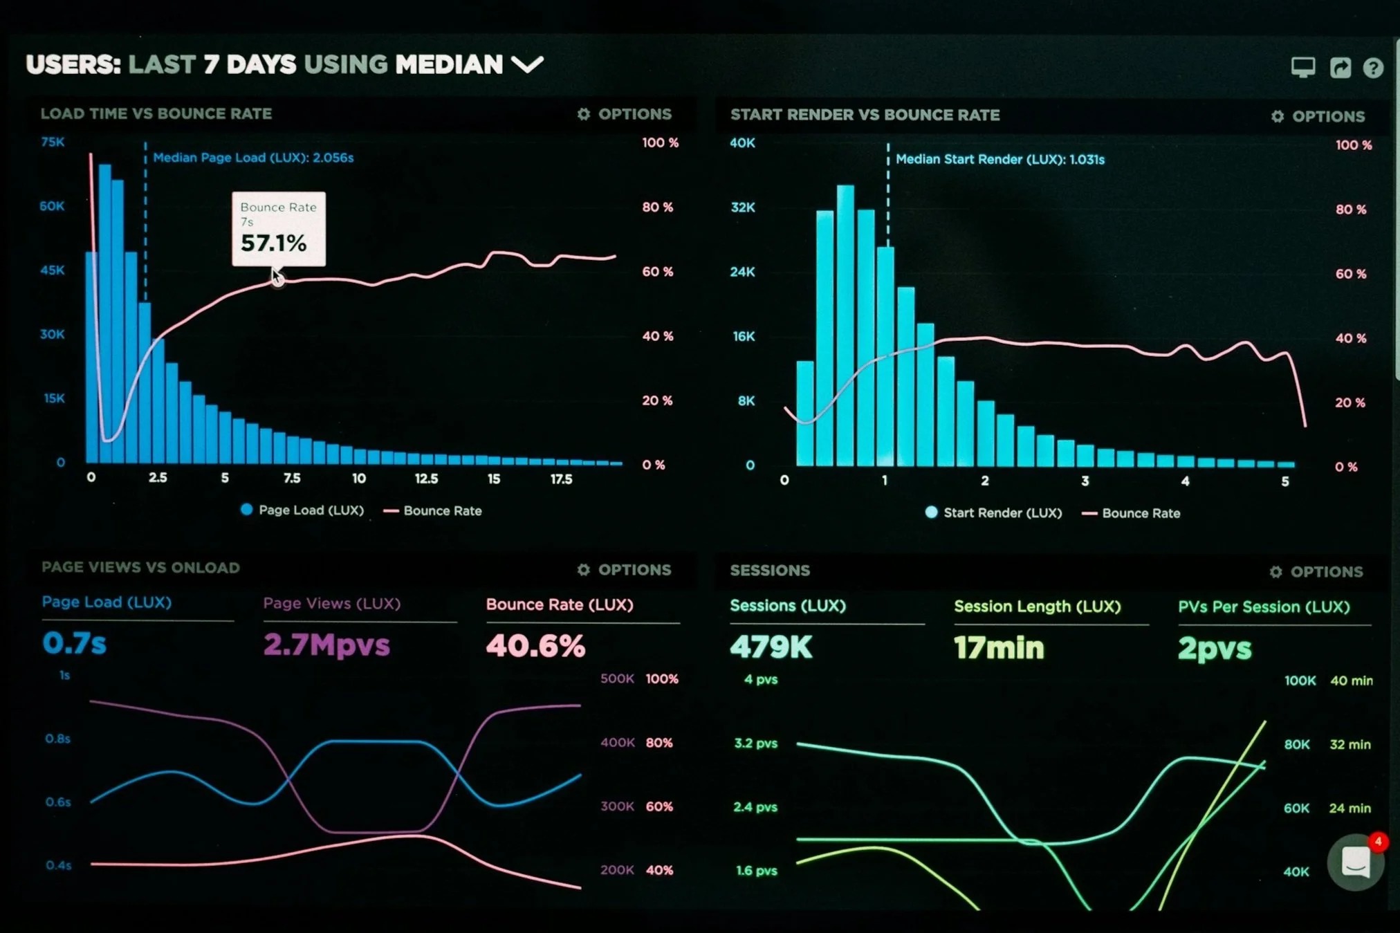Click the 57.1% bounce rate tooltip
pos(278,229)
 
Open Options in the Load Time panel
pos(625,114)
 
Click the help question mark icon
pos(1373,68)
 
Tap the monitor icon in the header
pos(1303,67)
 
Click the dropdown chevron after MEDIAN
pos(527,65)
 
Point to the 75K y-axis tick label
pos(53,142)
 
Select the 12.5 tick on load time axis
pos(426,479)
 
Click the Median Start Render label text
pos(1000,160)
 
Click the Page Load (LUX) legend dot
pos(246,510)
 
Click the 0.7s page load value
pos(74,643)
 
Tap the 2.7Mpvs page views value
pos(326,645)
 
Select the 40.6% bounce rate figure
pos(535,646)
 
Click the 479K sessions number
pos(771,647)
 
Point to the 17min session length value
pos(999,648)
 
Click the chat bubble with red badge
pos(1355,862)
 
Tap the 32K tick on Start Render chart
pos(743,207)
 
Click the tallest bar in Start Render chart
pos(845,325)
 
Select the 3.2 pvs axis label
pos(755,743)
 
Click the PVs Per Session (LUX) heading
pos(1264,607)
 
